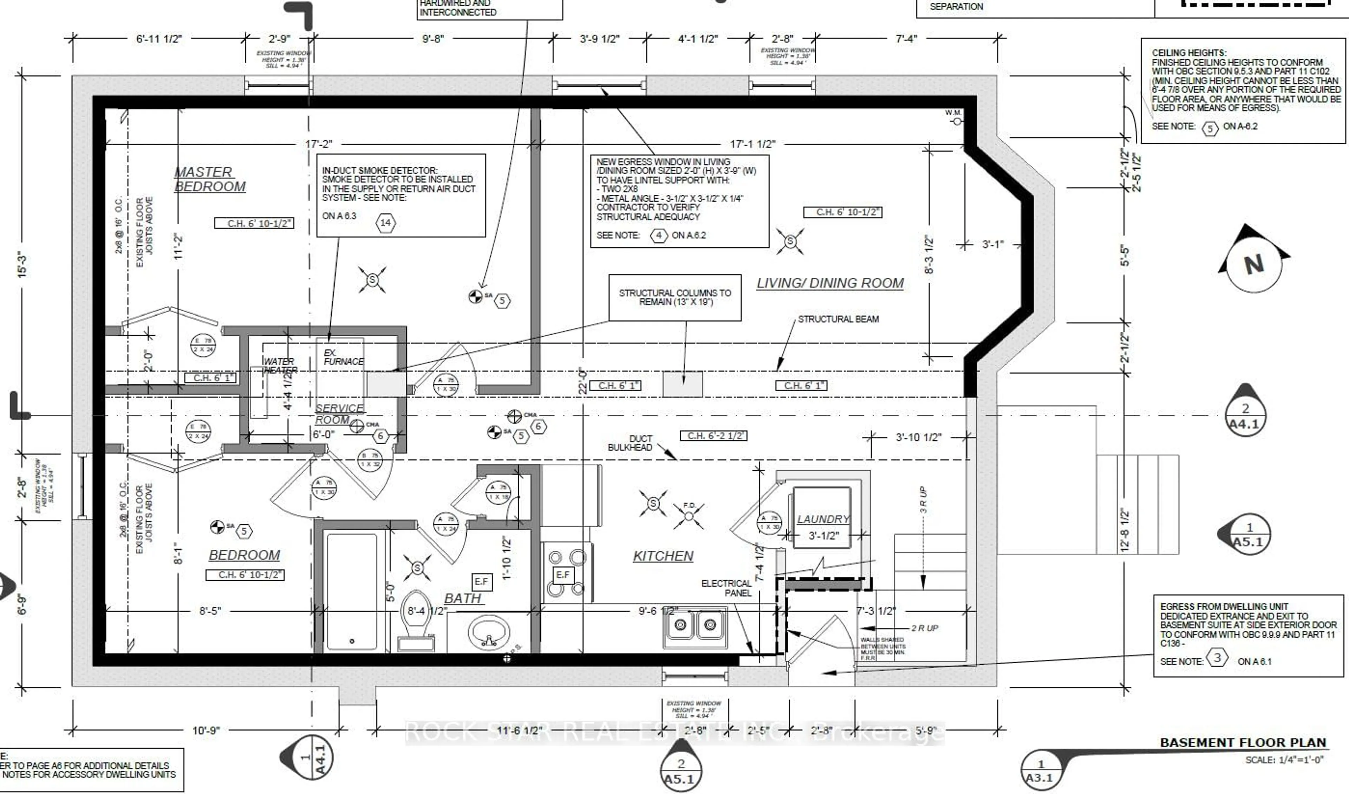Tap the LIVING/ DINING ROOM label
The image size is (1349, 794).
click(x=830, y=283)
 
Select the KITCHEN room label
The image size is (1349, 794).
click(x=663, y=556)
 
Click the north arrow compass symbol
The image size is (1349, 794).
click(x=1254, y=264)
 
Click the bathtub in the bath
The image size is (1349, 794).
click(x=351, y=592)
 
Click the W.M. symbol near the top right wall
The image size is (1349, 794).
click(x=956, y=121)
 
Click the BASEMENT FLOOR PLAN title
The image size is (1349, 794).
click(x=1243, y=743)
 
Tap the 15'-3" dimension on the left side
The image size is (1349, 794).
click(x=22, y=264)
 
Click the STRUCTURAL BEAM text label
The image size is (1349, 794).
click(x=838, y=319)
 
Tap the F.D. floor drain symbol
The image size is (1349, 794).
click(x=689, y=516)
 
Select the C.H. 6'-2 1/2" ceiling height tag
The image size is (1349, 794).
click(x=713, y=435)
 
